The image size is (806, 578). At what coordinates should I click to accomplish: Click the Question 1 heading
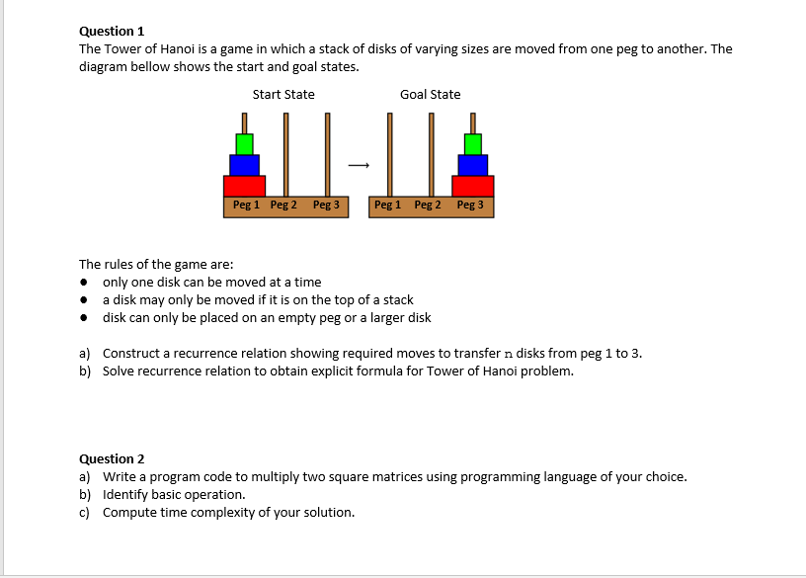pyautogui.click(x=112, y=32)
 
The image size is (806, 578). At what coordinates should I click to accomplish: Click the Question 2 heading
pyautogui.click(x=112, y=458)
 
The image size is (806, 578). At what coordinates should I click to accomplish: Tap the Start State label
pyautogui.click(x=283, y=95)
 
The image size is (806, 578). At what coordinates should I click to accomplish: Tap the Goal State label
pyautogui.click(x=430, y=95)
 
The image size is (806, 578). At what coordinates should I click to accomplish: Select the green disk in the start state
pyautogui.click(x=244, y=144)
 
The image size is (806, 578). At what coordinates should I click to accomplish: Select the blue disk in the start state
pyautogui.click(x=244, y=165)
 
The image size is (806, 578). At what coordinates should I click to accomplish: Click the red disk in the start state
pyautogui.click(x=244, y=186)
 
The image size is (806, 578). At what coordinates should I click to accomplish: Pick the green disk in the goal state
pyautogui.click(x=473, y=144)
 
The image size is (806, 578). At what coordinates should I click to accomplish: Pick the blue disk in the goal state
pyautogui.click(x=473, y=165)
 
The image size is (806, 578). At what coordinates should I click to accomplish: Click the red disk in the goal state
pyautogui.click(x=473, y=186)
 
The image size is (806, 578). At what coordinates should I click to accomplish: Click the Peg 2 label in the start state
pyautogui.click(x=284, y=206)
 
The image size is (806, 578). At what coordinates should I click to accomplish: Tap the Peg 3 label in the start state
pyautogui.click(x=326, y=206)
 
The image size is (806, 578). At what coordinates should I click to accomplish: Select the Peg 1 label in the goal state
pyautogui.click(x=387, y=206)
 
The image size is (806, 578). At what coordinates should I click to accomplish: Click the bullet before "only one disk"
pyautogui.click(x=86, y=283)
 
